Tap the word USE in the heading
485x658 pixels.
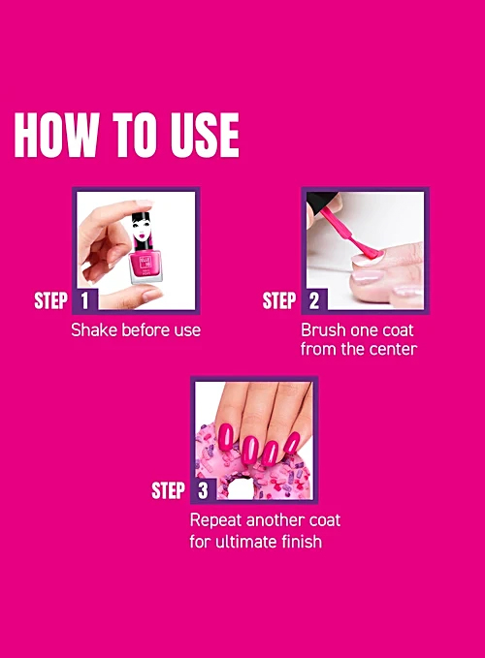[x=205, y=135]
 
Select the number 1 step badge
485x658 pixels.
[x=85, y=300]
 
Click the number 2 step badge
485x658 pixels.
[x=314, y=300]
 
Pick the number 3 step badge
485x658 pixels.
[x=204, y=490]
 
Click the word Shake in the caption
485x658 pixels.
[x=94, y=329]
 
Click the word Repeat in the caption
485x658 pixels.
[x=216, y=521]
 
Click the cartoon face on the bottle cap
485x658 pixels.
[x=142, y=230]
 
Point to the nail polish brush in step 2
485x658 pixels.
[x=351, y=235]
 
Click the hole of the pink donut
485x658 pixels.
[x=240, y=488]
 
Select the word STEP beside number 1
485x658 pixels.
[x=50, y=300]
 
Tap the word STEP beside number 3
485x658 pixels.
[x=169, y=490]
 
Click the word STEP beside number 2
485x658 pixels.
[x=279, y=300]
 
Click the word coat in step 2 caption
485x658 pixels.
[x=398, y=330]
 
